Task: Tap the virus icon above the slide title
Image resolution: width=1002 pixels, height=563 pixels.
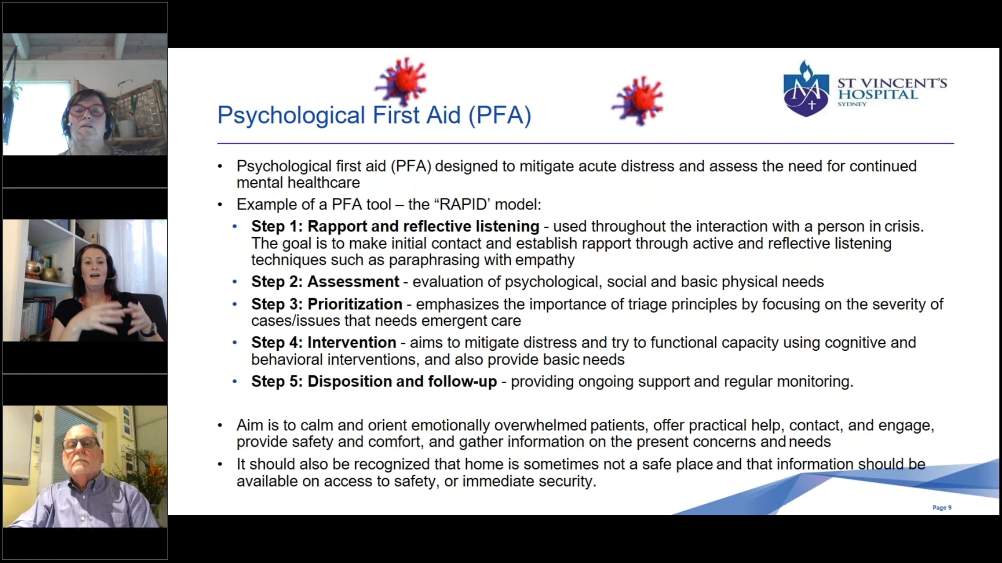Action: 401,81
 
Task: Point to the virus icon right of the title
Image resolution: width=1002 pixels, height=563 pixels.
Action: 638,101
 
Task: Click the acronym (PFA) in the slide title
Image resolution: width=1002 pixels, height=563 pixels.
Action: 500,115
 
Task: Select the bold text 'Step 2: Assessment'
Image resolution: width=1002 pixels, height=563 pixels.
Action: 325,282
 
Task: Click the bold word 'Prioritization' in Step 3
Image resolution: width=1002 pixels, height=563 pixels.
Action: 355,304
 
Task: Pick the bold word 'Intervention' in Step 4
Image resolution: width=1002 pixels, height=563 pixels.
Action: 352,343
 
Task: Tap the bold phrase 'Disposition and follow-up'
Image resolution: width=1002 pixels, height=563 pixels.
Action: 402,382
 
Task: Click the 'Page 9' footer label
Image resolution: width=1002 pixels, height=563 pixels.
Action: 942,507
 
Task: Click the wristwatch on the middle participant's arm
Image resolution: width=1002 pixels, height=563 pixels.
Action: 149,330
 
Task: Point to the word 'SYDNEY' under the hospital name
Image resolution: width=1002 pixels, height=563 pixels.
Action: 852,104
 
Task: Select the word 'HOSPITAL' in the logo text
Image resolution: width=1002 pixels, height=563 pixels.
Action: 878,94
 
